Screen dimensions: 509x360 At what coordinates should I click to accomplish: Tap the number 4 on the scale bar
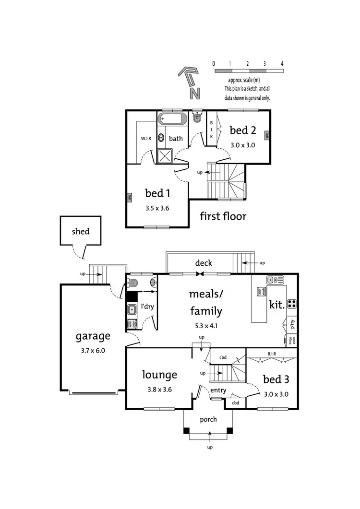(x=282, y=63)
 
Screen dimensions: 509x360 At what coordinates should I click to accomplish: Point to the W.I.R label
(x=146, y=139)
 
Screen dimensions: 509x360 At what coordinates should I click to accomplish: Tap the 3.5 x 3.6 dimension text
(x=157, y=208)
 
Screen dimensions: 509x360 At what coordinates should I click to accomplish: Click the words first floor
(x=223, y=216)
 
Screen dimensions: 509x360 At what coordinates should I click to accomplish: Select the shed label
(x=81, y=231)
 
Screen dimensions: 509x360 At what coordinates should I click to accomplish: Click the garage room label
(x=93, y=336)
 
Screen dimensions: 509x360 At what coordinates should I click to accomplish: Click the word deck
(x=204, y=263)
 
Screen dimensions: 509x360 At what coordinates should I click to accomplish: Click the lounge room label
(x=160, y=375)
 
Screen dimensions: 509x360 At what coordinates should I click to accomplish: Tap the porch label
(x=208, y=419)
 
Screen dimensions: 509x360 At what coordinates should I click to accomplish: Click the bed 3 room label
(x=276, y=379)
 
